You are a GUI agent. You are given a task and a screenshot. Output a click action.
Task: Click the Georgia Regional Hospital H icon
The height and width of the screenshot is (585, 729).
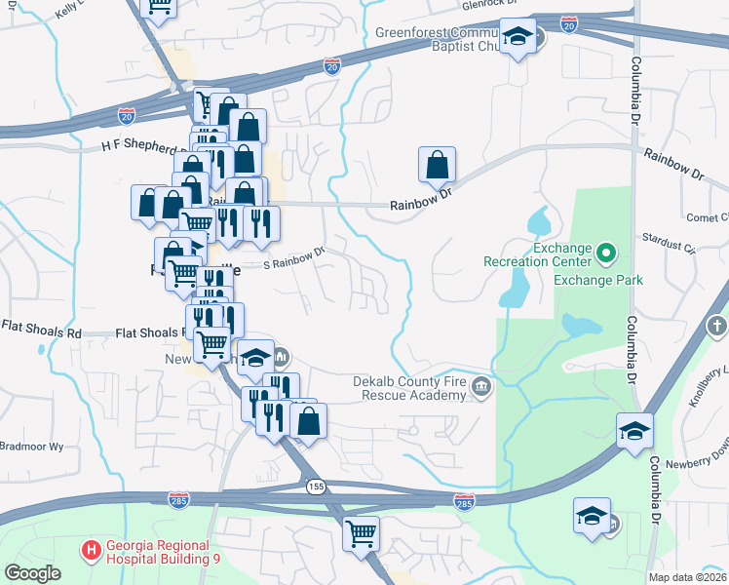92,551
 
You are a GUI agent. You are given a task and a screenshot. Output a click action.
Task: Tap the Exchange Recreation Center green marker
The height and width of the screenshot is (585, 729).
605,255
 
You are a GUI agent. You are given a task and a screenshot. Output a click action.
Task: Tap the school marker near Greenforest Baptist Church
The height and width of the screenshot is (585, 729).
518,38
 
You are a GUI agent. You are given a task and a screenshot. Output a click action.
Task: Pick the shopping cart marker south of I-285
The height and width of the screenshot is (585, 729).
361,534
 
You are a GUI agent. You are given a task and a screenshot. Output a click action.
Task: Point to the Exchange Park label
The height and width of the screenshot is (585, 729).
598,280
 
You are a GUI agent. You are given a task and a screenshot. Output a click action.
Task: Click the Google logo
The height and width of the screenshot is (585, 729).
32,573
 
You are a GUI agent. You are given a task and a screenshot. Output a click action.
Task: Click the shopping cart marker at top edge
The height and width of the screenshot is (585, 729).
158,9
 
